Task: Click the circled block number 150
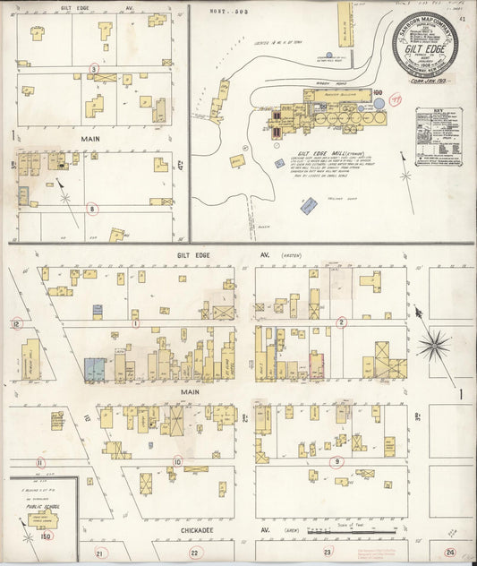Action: [x=47, y=536]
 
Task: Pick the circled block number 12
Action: [x=15, y=322]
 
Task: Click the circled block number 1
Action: [x=136, y=323]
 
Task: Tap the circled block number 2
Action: [x=340, y=322]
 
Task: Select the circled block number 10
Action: [x=178, y=461]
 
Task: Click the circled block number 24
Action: [x=449, y=553]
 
